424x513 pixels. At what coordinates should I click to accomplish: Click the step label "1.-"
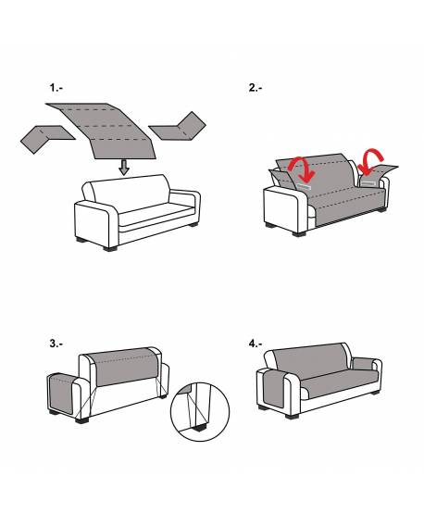click(x=56, y=88)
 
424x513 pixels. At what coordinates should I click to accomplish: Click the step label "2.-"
click(x=256, y=88)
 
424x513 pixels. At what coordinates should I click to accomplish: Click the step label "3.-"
click(x=56, y=344)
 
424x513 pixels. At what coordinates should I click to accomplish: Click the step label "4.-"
click(x=256, y=344)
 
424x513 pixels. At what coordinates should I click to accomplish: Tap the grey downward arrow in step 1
click(x=124, y=168)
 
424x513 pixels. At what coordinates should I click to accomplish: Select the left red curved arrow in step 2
click(x=303, y=169)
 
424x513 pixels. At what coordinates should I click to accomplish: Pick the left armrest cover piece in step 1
click(x=45, y=137)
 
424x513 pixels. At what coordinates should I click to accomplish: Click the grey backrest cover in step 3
click(x=124, y=367)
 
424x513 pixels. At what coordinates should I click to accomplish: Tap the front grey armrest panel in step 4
click(x=274, y=388)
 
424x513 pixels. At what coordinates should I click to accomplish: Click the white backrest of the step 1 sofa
click(x=131, y=193)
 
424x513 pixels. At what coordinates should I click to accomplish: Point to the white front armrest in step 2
click(x=285, y=208)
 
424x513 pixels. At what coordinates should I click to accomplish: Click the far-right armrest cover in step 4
click(x=364, y=364)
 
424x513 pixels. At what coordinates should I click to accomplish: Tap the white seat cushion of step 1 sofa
click(x=156, y=214)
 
